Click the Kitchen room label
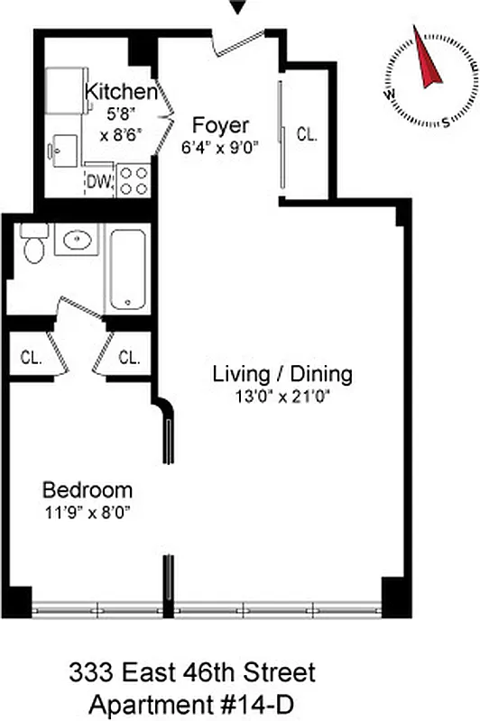tap(121, 91)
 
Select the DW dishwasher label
tap(100, 182)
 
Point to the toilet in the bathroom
tap(34, 244)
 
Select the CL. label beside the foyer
tap(307, 135)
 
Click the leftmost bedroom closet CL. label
tap(31, 357)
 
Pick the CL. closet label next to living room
tap(129, 357)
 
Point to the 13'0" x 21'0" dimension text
tap(281, 397)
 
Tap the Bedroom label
tap(88, 490)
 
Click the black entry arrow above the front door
tap(238, 8)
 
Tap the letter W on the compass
tap(389, 92)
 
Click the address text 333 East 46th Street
tap(193, 672)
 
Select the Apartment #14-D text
tap(193, 700)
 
